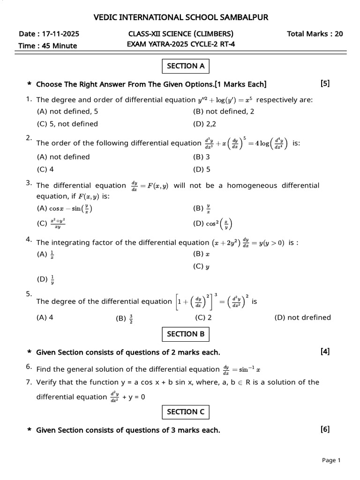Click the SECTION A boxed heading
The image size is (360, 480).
[x=186, y=66]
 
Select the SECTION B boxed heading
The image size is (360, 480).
[x=186, y=334]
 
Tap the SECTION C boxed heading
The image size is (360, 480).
[x=186, y=412]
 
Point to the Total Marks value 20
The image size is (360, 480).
[x=338, y=34]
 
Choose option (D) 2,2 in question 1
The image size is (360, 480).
[x=204, y=124]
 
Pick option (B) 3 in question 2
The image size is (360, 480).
[x=201, y=157]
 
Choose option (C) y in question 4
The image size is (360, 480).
[x=201, y=267]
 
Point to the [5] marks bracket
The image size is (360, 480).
[x=325, y=84]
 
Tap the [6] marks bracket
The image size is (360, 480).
[x=325, y=429]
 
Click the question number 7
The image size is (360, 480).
[x=29, y=382]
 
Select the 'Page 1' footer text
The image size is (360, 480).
[x=331, y=461]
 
